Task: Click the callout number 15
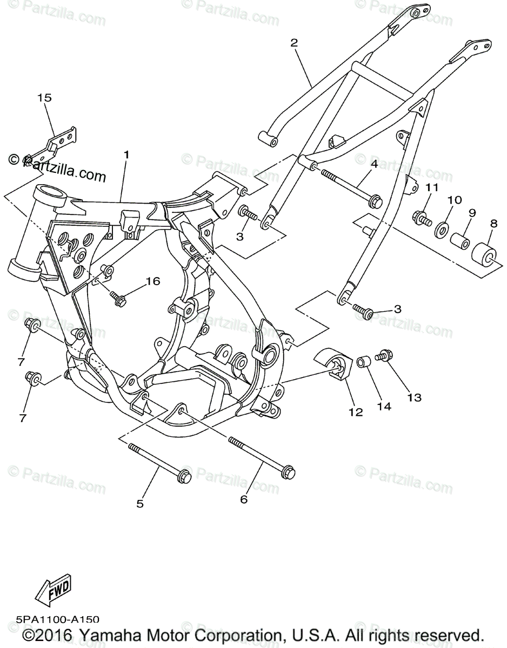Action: (44, 98)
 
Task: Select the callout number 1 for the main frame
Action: (126, 154)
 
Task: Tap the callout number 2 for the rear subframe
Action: (294, 43)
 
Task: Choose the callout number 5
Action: (140, 504)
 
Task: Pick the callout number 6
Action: (244, 500)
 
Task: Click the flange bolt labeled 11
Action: (422, 219)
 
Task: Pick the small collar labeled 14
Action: (363, 361)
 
